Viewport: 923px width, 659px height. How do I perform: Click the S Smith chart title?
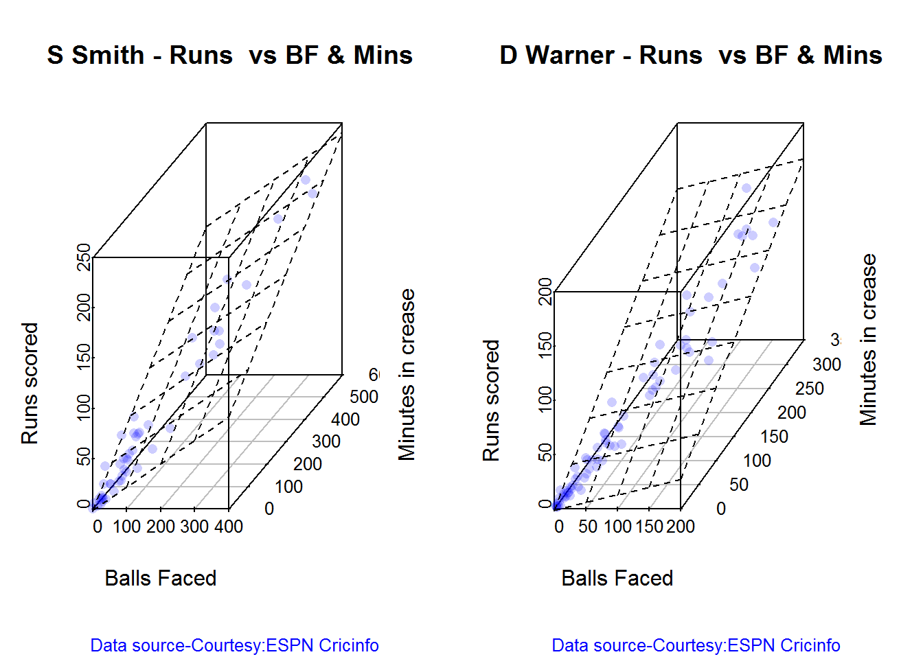click(229, 55)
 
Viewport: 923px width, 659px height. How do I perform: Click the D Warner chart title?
click(690, 55)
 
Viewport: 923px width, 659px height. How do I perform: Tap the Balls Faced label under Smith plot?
click(160, 578)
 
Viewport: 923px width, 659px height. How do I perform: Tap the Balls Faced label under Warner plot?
click(617, 578)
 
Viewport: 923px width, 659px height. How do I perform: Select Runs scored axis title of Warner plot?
click(491, 400)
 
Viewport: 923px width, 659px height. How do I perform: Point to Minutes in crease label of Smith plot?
click(407, 374)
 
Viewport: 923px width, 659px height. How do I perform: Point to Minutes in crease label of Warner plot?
click(869, 340)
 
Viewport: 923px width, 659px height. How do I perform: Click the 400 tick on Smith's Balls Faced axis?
click(229, 527)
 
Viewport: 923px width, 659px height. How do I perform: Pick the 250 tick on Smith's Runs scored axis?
click(84, 257)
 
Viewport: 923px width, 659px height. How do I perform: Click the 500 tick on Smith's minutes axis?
click(364, 397)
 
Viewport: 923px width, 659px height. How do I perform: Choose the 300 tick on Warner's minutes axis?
click(827, 365)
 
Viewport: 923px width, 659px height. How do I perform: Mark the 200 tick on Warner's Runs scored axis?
click(545, 291)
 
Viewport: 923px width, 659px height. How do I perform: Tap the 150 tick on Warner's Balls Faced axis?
click(649, 527)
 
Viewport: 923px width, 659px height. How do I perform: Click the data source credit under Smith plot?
click(234, 645)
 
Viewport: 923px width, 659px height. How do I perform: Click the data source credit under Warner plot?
click(696, 645)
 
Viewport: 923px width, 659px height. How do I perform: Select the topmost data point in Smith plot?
click(305, 180)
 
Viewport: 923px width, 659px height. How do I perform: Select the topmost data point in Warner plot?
click(746, 188)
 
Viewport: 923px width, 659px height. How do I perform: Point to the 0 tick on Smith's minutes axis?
click(269, 509)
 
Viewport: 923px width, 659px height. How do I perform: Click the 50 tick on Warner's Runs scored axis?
click(545, 452)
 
